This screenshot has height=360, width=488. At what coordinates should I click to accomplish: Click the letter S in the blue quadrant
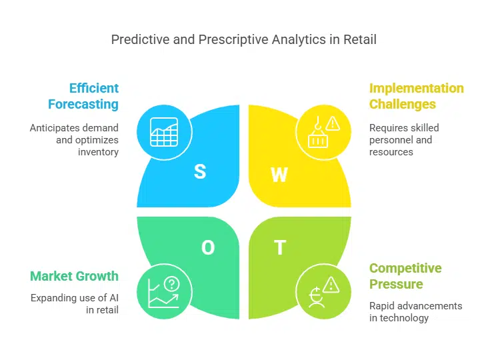(x=200, y=171)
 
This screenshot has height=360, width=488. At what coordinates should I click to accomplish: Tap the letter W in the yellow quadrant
(x=279, y=175)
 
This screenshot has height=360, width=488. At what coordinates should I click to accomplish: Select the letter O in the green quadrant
(x=208, y=248)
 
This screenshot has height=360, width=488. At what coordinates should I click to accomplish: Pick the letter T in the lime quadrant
(x=280, y=248)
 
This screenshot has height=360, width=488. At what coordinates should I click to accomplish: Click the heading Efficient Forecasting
(x=83, y=96)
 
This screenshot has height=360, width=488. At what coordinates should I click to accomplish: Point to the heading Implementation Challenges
(x=416, y=96)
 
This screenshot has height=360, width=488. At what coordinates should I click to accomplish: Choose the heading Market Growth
(x=74, y=276)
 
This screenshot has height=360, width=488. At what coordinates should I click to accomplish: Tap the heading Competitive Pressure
(x=405, y=276)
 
